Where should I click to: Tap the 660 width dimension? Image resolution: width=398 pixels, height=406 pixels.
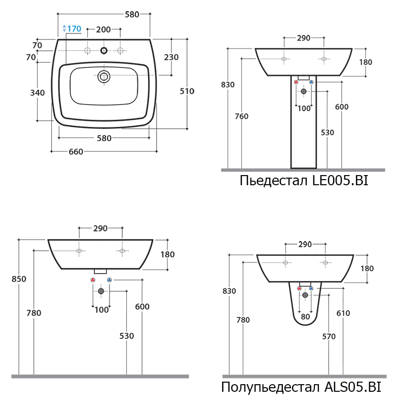(x=76, y=151)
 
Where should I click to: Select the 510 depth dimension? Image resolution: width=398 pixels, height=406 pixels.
(x=187, y=91)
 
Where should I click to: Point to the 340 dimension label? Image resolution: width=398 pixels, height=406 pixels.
(x=38, y=92)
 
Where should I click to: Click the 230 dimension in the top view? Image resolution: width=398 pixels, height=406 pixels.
(x=171, y=57)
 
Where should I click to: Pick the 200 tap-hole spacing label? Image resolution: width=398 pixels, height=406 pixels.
(x=103, y=29)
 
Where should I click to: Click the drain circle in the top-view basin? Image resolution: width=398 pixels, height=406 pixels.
(x=104, y=77)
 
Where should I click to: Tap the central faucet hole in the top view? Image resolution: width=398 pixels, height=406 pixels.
(x=104, y=50)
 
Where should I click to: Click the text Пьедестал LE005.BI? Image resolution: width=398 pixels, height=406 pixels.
(x=304, y=180)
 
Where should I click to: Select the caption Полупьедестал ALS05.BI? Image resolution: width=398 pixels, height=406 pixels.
(x=301, y=387)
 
